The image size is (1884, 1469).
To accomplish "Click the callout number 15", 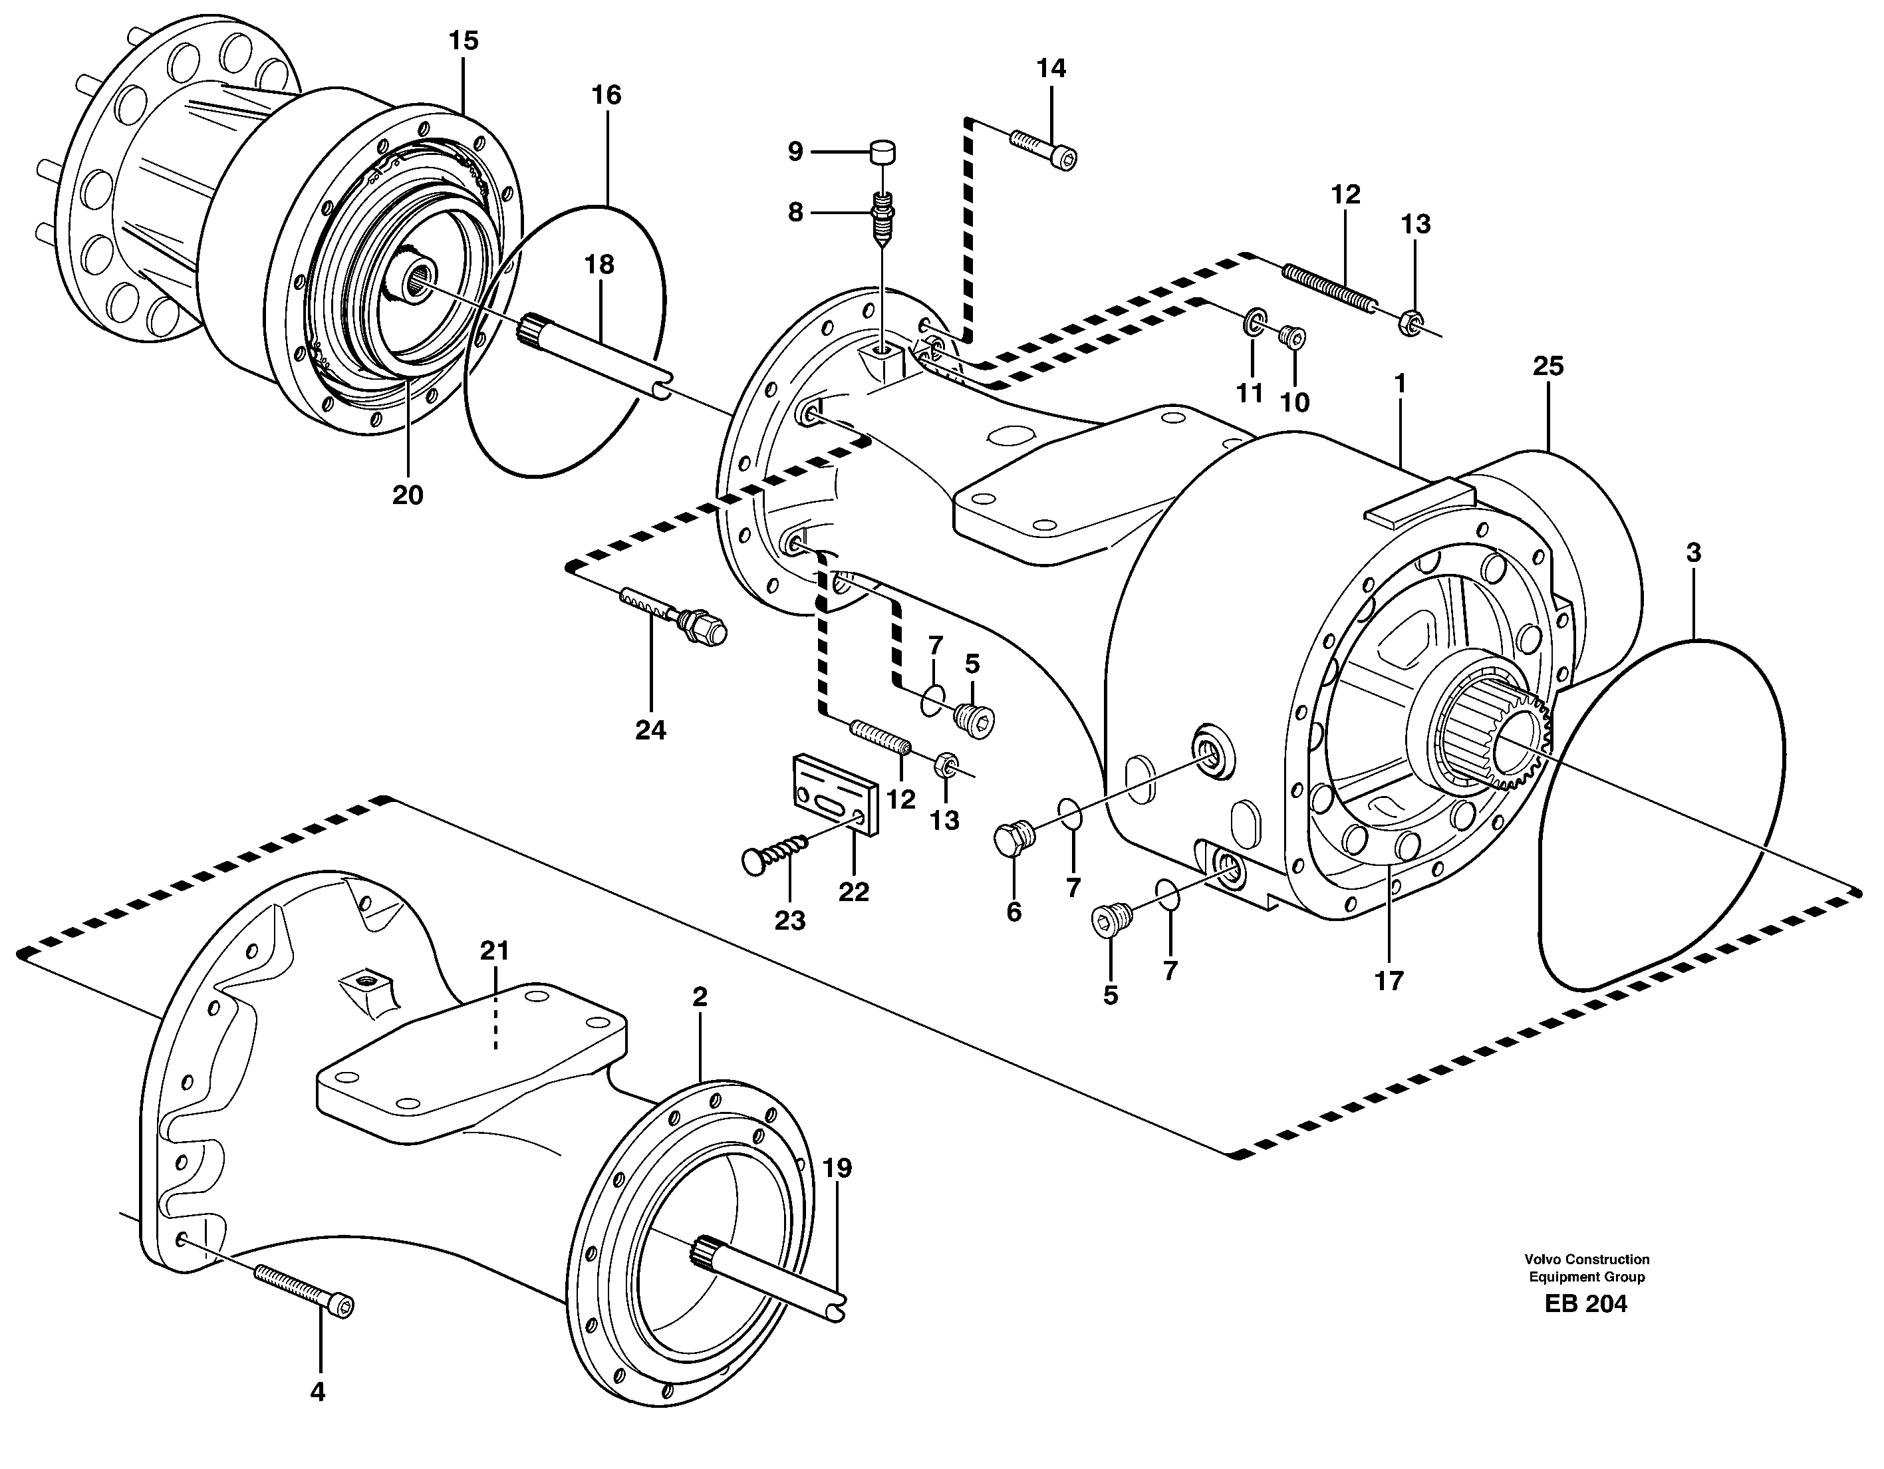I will [x=464, y=41].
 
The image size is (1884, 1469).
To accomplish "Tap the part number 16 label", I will [x=606, y=95].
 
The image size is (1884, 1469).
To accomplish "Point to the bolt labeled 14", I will [x=1044, y=149].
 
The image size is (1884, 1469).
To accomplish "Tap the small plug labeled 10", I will [x=1291, y=336].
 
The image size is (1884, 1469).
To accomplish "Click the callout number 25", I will [x=1548, y=366].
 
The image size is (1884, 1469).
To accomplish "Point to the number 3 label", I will [x=1693, y=553].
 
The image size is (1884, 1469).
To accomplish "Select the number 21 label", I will [x=494, y=950].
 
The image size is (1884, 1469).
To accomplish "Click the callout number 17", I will [x=1389, y=981].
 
